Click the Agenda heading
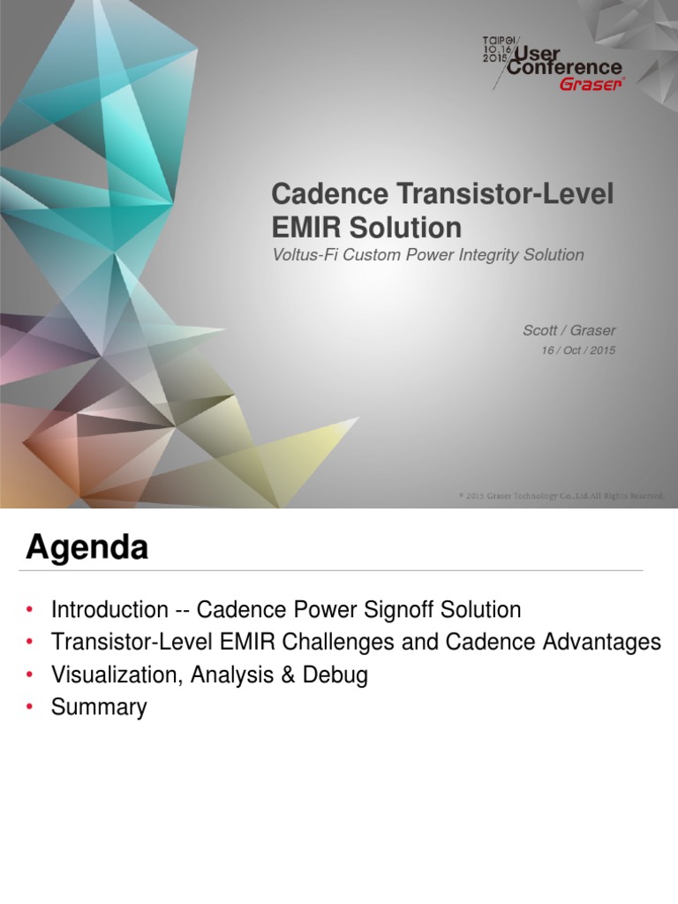87,548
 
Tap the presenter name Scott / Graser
569,330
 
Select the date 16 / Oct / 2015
577,350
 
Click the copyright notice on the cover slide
561,496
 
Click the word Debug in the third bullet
340,675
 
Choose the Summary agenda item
99,707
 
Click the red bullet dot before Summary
30,707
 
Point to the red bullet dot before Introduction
30,610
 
